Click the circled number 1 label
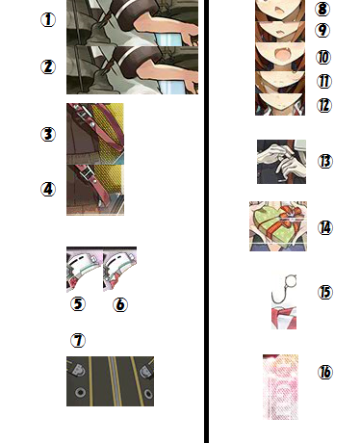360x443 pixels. pos(48,20)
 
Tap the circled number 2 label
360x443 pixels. pos(48,67)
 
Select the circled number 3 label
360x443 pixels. pos(48,134)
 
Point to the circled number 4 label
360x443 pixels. pos(48,190)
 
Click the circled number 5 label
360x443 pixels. pos(78,304)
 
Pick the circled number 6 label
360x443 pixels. pos(120,304)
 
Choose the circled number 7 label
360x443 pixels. pos(78,340)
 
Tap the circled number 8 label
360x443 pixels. pos(322,9)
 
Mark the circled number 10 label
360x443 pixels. pos(323,58)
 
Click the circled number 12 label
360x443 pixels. pos(324,105)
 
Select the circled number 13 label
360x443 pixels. pos(325,161)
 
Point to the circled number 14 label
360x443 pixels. pos(325,228)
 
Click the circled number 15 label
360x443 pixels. pos(325,293)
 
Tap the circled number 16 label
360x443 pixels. pos(325,373)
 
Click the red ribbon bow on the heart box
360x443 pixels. pos(291,215)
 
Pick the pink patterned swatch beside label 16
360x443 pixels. pos(280,387)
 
